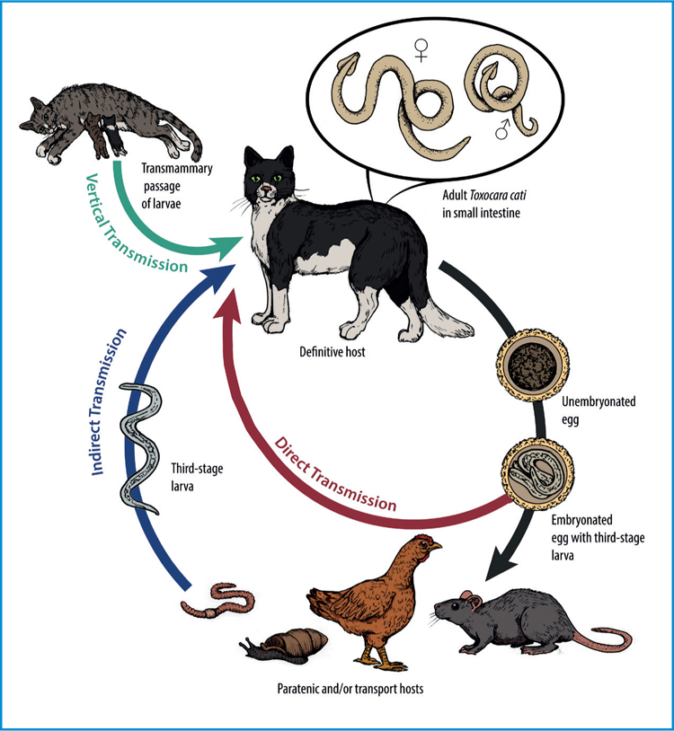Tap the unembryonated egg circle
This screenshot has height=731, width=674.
[523, 367]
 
